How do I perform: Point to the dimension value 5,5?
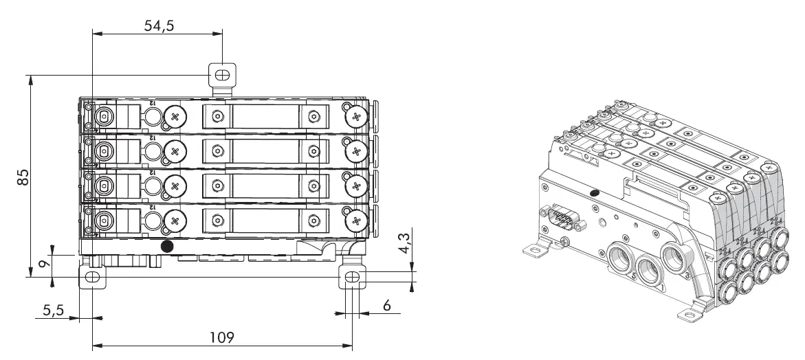[x=52, y=310]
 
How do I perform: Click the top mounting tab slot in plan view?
[x=222, y=74]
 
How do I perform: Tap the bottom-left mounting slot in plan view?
[x=91, y=277]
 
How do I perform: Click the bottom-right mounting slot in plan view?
[x=351, y=277]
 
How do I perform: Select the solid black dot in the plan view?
[x=166, y=245]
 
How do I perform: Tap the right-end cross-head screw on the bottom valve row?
[x=356, y=220]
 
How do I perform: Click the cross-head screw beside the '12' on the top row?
[x=175, y=117]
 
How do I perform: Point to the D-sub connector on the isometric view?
[x=562, y=221]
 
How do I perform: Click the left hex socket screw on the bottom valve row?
[x=217, y=221]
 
